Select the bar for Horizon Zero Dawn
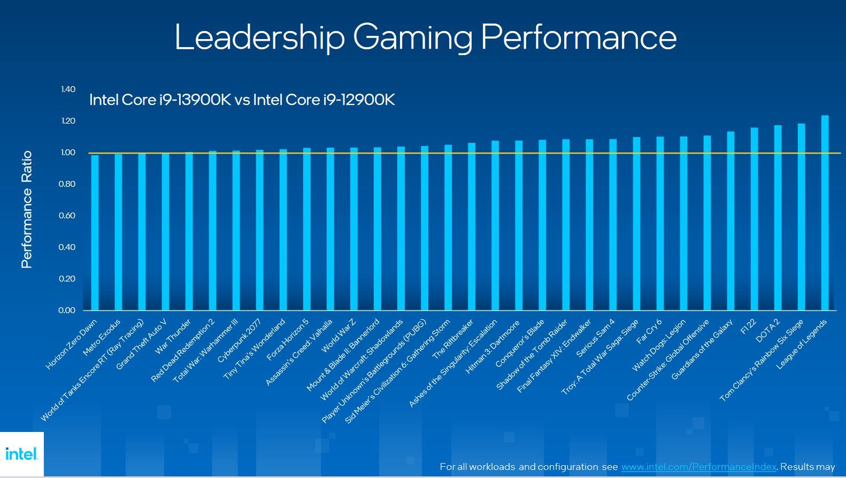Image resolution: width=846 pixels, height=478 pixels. tap(95, 233)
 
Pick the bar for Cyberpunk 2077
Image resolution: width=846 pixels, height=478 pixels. tap(259, 230)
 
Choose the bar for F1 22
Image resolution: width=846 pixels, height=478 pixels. tap(754, 219)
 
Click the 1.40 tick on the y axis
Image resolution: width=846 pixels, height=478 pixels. tap(68, 89)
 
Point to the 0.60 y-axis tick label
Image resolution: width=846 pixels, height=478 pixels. tap(68, 216)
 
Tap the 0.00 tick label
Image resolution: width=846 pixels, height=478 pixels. tap(67, 310)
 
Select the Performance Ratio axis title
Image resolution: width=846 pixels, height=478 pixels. tap(27, 209)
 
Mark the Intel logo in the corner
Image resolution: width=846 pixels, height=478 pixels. tap(21, 454)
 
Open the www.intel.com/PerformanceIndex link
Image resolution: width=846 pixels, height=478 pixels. tap(698, 467)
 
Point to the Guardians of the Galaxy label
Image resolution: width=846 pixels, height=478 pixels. tap(702, 350)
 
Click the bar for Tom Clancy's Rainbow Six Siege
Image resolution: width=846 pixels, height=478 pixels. tap(801, 217)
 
